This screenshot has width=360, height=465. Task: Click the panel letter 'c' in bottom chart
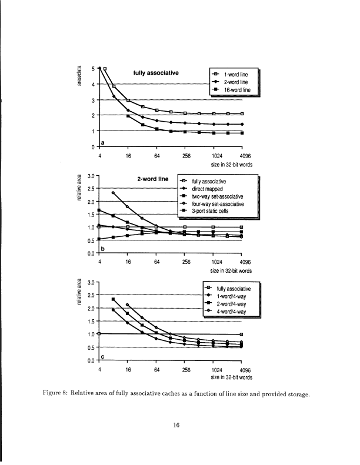coord(104,356)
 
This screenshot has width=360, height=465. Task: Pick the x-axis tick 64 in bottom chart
coord(157,370)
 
